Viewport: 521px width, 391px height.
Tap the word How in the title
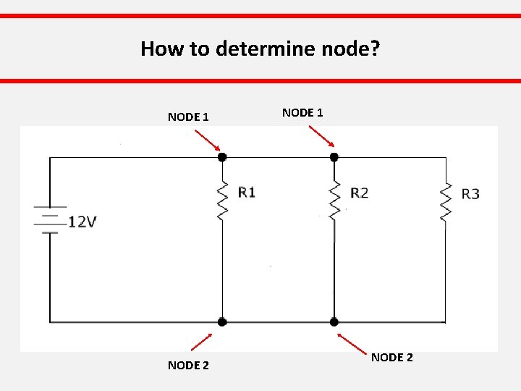tap(158, 49)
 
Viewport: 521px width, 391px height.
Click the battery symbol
tap(49, 220)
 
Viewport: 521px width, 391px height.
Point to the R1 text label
tap(246, 192)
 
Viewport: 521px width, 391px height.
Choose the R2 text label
tap(359, 193)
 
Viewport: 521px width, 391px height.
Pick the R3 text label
tap(470, 193)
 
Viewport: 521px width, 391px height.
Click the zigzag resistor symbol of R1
tap(222, 199)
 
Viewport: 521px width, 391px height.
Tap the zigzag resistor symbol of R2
tap(334, 201)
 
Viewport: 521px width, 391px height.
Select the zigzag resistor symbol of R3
tap(445, 202)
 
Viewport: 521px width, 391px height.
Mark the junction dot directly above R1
tap(222, 156)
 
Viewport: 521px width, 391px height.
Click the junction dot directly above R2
tap(334, 156)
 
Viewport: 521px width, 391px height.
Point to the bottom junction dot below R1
tap(222, 321)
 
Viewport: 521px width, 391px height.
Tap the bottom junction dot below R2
tap(334, 321)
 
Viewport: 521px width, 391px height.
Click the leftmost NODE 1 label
tap(188, 117)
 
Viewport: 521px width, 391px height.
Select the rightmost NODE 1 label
tap(302, 112)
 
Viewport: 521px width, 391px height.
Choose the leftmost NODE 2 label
tap(188, 365)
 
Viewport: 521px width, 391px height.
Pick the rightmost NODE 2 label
tap(392, 357)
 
